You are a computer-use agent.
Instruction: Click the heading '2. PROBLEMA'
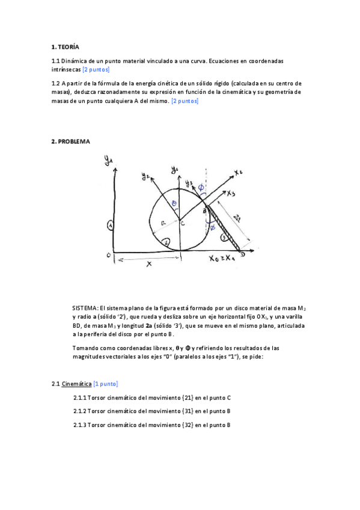coord(70,141)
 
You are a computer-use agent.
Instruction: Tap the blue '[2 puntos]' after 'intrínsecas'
coord(96,70)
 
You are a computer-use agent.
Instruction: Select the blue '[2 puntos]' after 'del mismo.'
coord(185,101)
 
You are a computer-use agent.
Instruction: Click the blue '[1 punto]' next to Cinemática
coord(106,383)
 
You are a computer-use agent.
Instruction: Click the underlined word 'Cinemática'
coord(76,383)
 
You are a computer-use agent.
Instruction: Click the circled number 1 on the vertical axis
coord(110,225)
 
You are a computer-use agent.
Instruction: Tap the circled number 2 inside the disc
coord(167,242)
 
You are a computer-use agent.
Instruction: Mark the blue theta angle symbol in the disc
coord(174,204)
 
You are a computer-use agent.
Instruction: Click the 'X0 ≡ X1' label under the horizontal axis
coord(222,259)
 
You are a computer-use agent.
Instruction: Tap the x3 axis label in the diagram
coord(231,194)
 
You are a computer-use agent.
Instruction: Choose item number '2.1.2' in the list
coord(79,411)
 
